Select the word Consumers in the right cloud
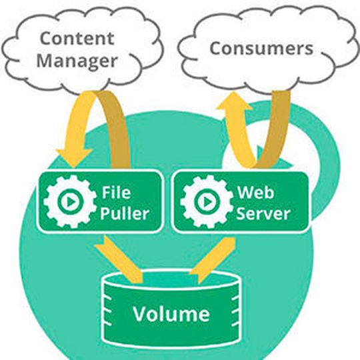[261, 48]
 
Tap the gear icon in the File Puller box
[69, 201]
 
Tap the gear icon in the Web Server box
[206, 201]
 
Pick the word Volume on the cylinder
[171, 313]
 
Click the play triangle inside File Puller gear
[71, 201]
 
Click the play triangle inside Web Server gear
[207, 201]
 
